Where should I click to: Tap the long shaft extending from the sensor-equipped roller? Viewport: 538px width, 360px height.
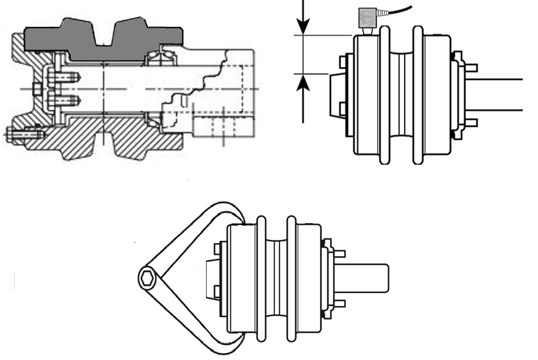pos(499,94)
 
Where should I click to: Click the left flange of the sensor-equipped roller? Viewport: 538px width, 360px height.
pos(385,94)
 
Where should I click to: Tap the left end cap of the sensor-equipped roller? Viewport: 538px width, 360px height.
pos(337,93)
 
